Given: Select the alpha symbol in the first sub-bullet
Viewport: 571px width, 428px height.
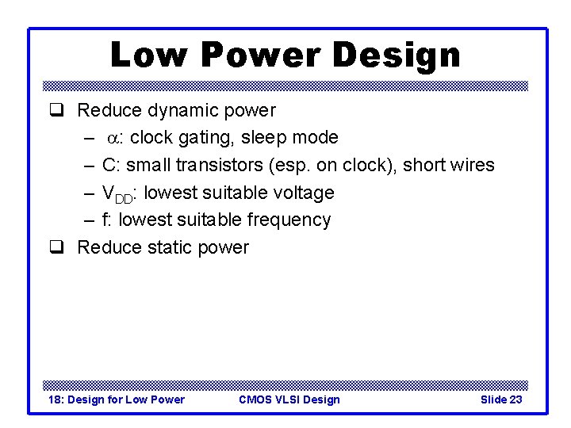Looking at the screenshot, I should click(x=115, y=139).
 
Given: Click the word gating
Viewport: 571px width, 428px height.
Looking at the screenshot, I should click(x=195, y=138).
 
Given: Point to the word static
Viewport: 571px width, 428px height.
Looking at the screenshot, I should click(x=168, y=247).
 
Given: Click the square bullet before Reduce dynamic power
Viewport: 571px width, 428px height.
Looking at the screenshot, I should click(x=56, y=111).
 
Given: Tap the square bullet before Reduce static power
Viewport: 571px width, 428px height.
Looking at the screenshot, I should click(x=56, y=247).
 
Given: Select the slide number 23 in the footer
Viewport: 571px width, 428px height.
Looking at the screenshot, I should click(x=515, y=399).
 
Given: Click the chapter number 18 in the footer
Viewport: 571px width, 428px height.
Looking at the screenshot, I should click(x=55, y=399).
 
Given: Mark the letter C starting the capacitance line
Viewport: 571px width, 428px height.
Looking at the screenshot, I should click(x=108, y=165).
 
